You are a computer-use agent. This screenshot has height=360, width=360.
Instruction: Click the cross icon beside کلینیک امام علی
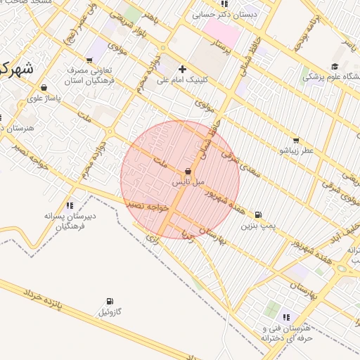[x=183, y=69]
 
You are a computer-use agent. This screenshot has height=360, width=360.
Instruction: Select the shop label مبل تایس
[x=188, y=181]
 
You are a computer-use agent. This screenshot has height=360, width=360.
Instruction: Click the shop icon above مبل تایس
[x=188, y=172]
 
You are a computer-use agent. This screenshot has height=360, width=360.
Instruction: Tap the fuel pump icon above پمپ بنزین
[x=258, y=215]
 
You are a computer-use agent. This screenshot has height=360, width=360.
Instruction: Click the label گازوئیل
[x=110, y=311]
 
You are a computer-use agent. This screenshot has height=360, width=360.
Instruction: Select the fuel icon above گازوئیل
[x=110, y=301]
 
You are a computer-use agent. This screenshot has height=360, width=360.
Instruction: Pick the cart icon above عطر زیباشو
[x=295, y=141]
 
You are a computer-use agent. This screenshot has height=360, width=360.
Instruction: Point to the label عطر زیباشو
[x=297, y=150]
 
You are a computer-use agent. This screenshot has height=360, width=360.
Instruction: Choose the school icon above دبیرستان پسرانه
[x=69, y=206]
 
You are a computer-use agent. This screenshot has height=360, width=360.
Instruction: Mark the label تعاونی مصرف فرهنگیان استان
[x=87, y=77]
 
